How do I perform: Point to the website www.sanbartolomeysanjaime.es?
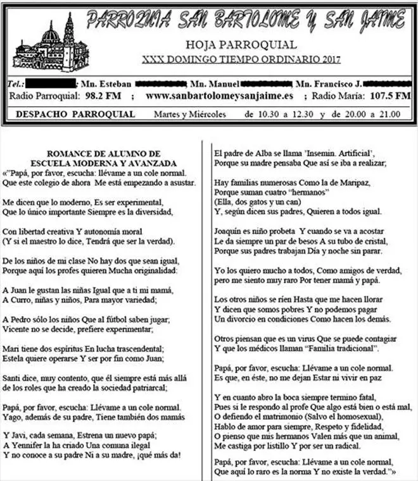pyautogui.click(x=219, y=96)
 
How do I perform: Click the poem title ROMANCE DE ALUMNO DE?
pyautogui.click(x=104, y=154)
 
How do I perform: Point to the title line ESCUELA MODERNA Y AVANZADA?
pyautogui.click(x=104, y=162)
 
